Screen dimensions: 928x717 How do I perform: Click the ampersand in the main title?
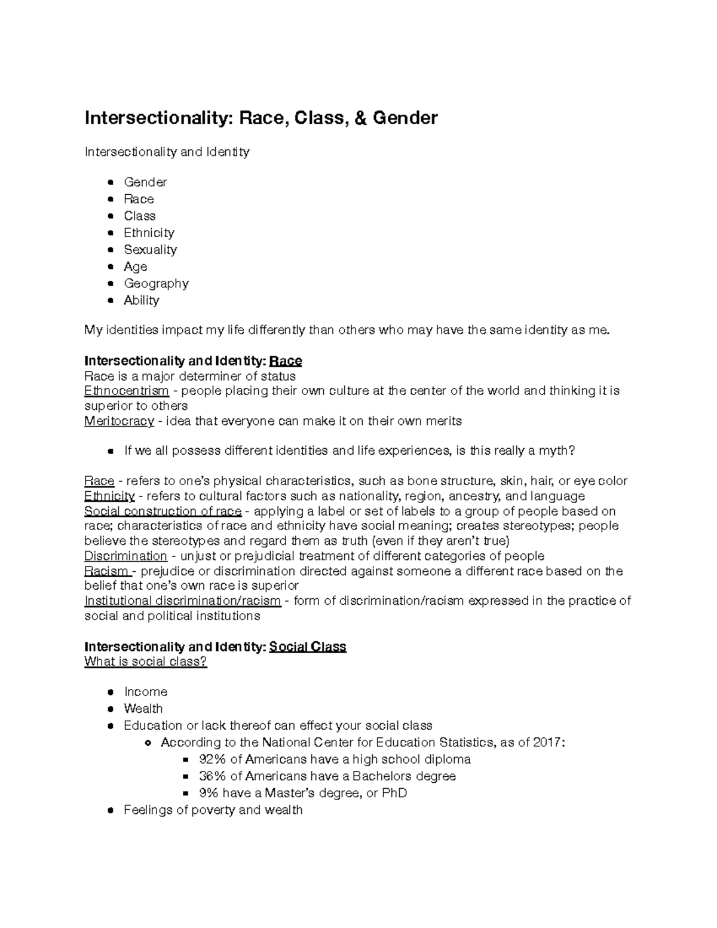pyautogui.click(x=360, y=118)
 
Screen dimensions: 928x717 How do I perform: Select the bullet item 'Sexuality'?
pyautogui.click(x=150, y=250)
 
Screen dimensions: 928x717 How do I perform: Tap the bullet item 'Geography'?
pyautogui.click(x=156, y=283)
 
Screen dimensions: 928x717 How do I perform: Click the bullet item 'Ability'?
pyautogui.click(x=142, y=301)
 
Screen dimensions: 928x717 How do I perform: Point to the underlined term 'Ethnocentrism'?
pyautogui.click(x=127, y=391)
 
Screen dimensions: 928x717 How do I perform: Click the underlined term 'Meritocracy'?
pyautogui.click(x=119, y=421)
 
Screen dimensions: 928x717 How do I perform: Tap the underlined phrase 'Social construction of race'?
pyautogui.click(x=163, y=512)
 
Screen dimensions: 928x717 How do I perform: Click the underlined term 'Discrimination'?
pyautogui.click(x=125, y=556)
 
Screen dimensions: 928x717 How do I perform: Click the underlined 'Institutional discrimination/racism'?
pyautogui.click(x=182, y=601)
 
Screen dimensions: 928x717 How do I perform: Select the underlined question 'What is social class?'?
pyautogui.click(x=146, y=661)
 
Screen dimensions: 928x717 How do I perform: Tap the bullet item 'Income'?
pyautogui.click(x=146, y=692)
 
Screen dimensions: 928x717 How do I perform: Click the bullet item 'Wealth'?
pyautogui.click(x=143, y=709)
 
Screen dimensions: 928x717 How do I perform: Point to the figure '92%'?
pyautogui.click(x=213, y=759)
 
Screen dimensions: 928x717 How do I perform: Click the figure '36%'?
pyautogui.click(x=213, y=776)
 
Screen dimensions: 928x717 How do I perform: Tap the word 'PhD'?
pyautogui.click(x=394, y=794)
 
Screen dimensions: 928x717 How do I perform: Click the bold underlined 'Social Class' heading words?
pyautogui.click(x=308, y=647)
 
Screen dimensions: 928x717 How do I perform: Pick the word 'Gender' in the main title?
pyautogui.click(x=405, y=118)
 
